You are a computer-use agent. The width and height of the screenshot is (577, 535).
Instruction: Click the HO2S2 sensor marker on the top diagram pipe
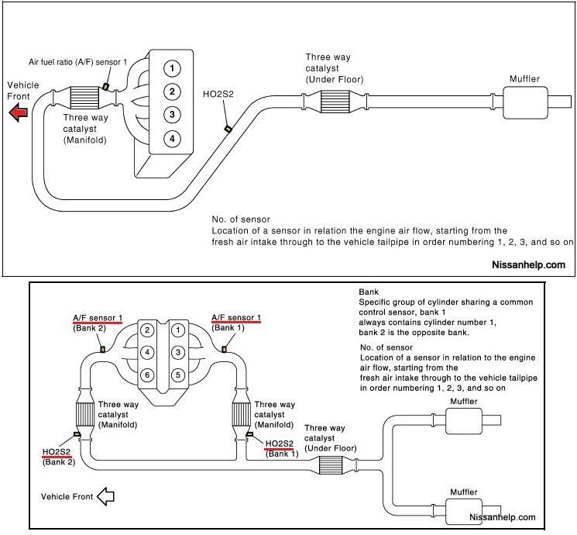(227, 129)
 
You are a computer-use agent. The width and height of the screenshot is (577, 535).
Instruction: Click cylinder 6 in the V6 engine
(145, 374)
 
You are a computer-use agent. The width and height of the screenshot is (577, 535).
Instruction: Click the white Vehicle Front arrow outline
(103, 497)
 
